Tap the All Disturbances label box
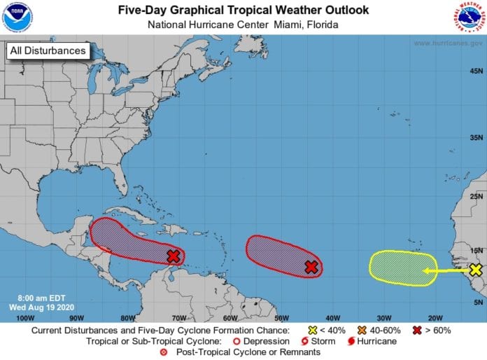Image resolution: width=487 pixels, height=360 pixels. [x=48, y=50]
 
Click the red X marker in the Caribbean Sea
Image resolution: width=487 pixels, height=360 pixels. [x=174, y=256]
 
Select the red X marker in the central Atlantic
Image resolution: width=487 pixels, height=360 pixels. [x=312, y=267]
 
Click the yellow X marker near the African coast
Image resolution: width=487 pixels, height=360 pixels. [x=476, y=270]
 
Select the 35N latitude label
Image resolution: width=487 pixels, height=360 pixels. [x=476, y=137]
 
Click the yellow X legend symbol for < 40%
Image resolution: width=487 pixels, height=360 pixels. [x=312, y=330]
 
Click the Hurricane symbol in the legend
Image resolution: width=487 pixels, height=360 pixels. [x=351, y=341]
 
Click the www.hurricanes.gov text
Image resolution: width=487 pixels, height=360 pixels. [x=447, y=43]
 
